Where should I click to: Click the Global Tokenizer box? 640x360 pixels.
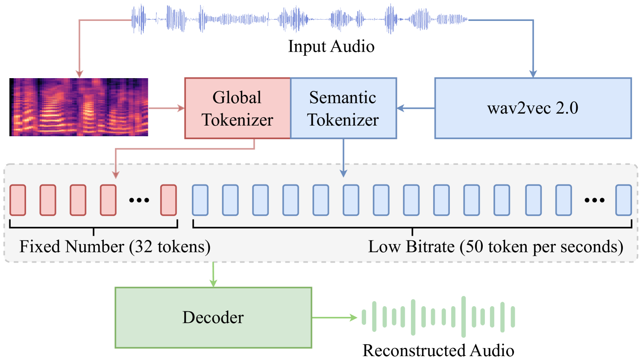click(x=237, y=108)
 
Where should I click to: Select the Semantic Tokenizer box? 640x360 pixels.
click(x=343, y=108)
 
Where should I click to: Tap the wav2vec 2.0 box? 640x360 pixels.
click(x=533, y=108)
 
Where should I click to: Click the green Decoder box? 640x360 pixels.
click(x=213, y=317)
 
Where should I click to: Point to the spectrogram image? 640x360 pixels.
click(x=79, y=107)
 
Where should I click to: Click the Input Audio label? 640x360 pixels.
click(x=331, y=46)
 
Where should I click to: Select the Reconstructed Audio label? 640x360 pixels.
click(x=438, y=350)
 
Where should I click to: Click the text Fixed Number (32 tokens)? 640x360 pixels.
click(x=115, y=247)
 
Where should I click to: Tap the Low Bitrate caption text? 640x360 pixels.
click(x=496, y=247)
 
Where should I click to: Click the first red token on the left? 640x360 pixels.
click(x=18, y=200)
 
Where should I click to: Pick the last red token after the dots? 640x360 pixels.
click(x=168, y=200)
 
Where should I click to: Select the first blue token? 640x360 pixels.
click(x=200, y=200)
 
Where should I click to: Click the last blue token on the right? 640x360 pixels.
click(x=623, y=200)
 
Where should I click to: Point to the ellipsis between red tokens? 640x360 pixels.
click(x=139, y=200)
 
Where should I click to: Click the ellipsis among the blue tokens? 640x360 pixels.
click(x=594, y=200)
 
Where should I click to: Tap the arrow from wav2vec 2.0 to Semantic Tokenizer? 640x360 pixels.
click(x=415, y=108)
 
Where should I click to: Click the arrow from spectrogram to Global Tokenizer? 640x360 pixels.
click(x=166, y=108)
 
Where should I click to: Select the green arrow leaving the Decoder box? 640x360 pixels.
click(x=334, y=317)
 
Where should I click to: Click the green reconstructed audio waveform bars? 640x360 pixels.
click(x=438, y=316)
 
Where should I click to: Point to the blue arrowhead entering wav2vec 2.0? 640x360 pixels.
click(x=533, y=73)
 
